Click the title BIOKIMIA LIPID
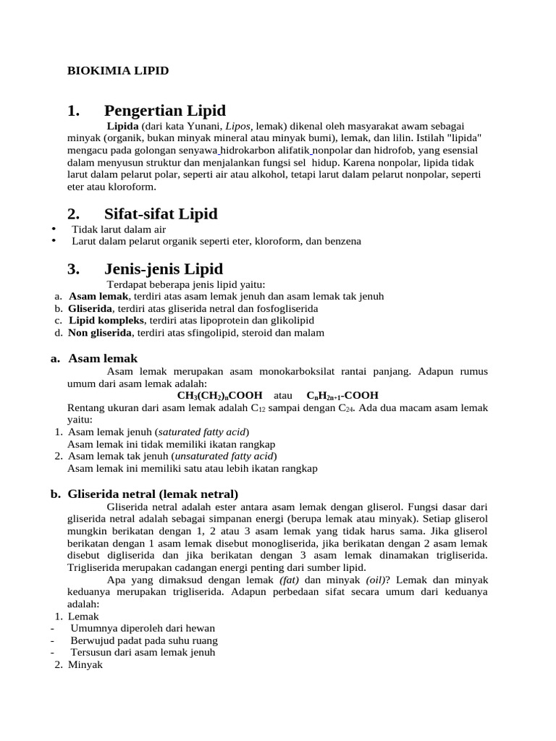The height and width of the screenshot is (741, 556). (118, 71)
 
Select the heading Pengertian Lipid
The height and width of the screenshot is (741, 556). (164, 111)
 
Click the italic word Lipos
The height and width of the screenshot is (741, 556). (240, 125)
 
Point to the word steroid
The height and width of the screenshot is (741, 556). (264, 333)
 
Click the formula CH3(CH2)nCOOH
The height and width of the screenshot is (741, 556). (219, 396)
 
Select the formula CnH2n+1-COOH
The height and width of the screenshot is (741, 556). (342, 396)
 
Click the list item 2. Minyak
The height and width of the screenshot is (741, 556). (80, 664)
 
